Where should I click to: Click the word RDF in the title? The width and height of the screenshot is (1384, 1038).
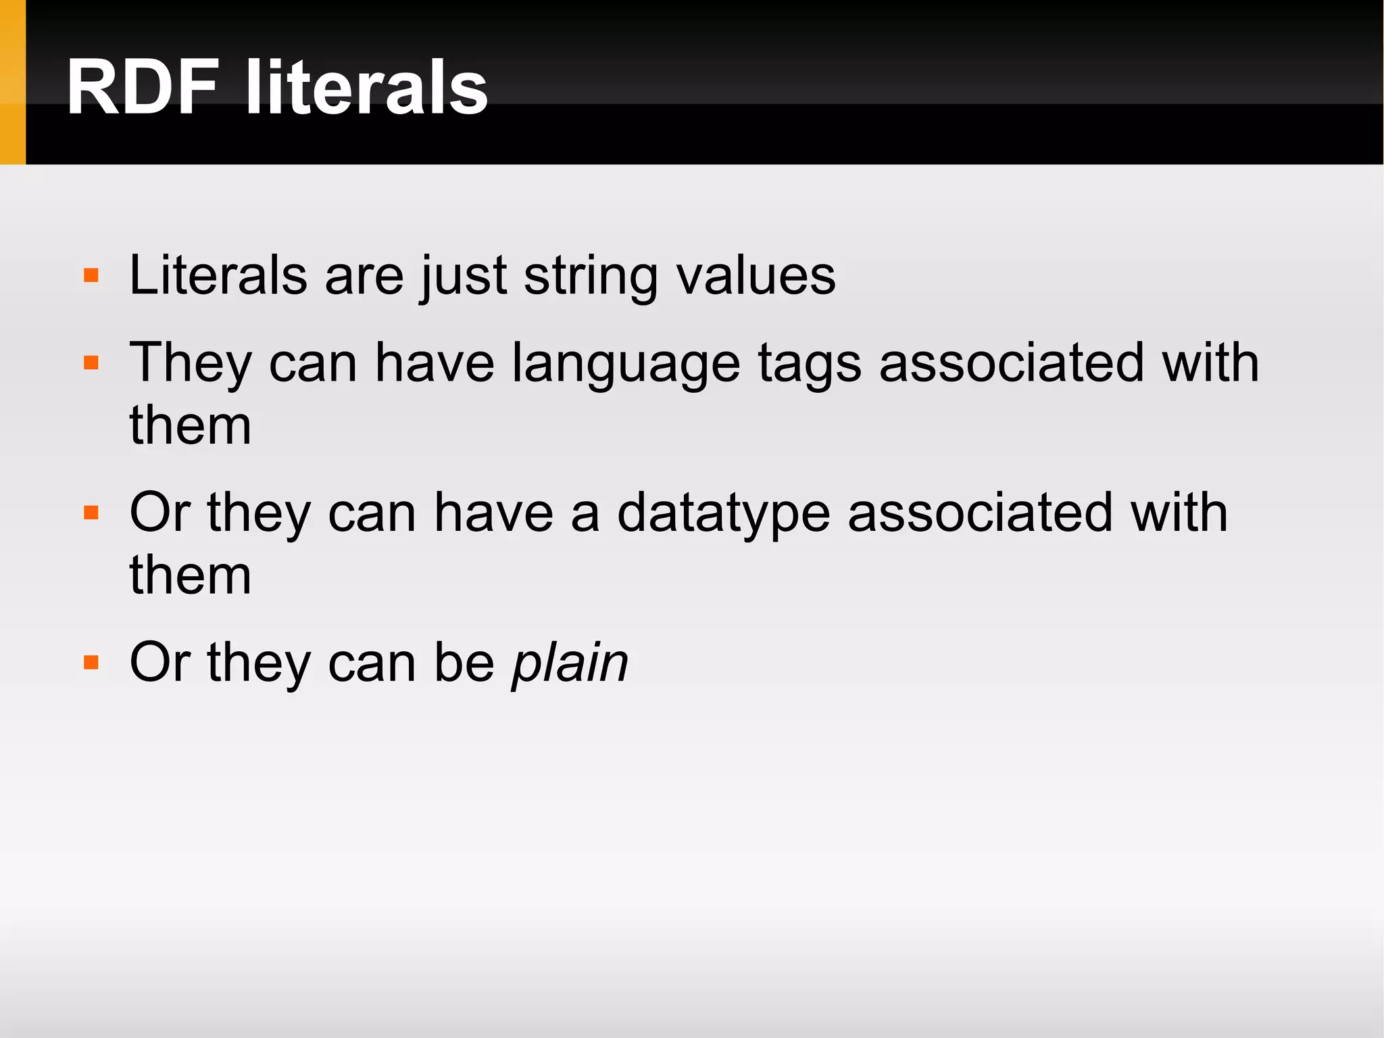pos(143,88)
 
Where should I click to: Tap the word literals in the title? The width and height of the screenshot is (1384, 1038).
pos(366,88)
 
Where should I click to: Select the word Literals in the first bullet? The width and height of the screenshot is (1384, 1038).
pos(218,275)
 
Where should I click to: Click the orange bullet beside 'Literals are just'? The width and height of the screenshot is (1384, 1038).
pos(91,276)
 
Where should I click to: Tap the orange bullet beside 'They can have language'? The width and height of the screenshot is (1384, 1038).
pos(91,363)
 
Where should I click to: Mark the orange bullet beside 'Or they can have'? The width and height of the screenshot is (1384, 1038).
pos(91,513)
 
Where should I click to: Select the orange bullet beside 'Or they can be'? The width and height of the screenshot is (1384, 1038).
pos(91,662)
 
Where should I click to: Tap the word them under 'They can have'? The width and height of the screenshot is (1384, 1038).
pos(190,425)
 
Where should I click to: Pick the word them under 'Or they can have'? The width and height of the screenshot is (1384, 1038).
pos(190,575)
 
